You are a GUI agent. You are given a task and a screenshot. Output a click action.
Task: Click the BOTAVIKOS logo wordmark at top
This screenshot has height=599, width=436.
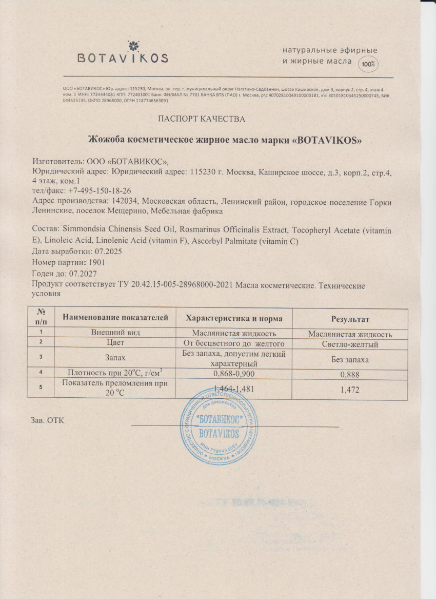pyautogui.click(x=123, y=58)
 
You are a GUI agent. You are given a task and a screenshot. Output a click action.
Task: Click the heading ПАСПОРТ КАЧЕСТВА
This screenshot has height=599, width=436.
pyautogui.click(x=201, y=119)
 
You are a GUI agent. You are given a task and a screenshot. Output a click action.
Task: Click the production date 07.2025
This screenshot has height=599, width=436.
pyautogui.click(x=107, y=252)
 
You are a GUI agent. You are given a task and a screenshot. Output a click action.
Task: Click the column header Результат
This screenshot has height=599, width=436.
pyautogui.click(x=350, y=319)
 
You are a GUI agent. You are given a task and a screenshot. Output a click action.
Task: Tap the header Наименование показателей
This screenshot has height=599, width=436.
pyautogui.click(x=115, y=318)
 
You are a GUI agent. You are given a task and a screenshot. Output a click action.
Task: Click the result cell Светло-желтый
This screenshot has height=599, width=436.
pyautogui.click(x=350, y=344)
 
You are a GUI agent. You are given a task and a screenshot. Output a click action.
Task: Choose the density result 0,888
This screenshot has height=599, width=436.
pyautogui.click(x=350, y=375)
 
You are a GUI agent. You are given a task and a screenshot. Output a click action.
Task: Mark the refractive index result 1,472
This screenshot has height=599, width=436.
pyautogui.click(x=350, y=390)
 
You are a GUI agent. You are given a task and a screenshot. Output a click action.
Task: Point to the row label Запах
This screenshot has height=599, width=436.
pyautogui.click(x=115, y=359)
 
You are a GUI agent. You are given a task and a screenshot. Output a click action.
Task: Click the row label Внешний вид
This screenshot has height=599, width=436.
pyautogui.click(x=115, y=333)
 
